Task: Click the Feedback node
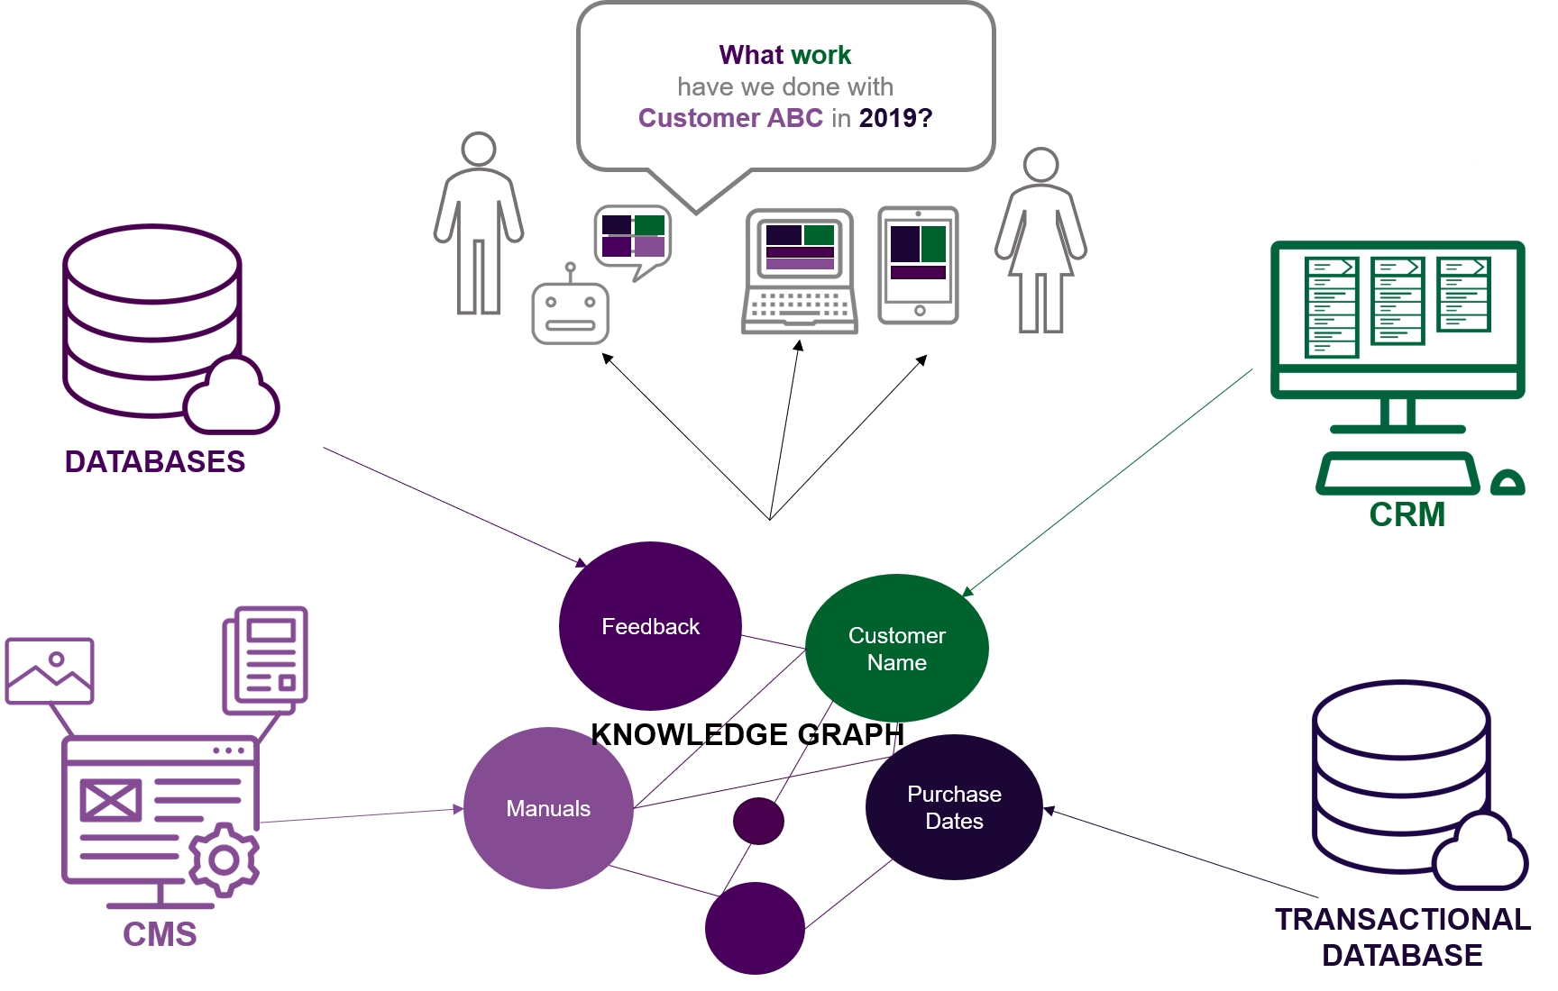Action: click(x=650, y=626)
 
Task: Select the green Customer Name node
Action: click(x=896, y=649)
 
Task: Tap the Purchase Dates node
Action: click(x=954, y=807)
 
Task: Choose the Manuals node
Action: click(x=548, y=808)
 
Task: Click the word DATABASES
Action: click(x=155, y=462)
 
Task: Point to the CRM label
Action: click(x=1407, y=515)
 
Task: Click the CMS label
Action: click(x=160, y=934)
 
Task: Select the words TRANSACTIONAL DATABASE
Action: click(x=1402, y=937)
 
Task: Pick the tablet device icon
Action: click(x=918, y=265)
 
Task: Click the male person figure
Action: click(x=478, y=225)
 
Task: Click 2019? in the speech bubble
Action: click(x=895, y=118)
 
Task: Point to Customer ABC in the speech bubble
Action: click(x=730, y=118)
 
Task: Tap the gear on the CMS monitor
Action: click(x=224, y=859)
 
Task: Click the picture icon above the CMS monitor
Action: click(x=50, y=670)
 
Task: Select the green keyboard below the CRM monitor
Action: click(x=1398, y=474)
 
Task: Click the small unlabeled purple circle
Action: click(x=758, y=821)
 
